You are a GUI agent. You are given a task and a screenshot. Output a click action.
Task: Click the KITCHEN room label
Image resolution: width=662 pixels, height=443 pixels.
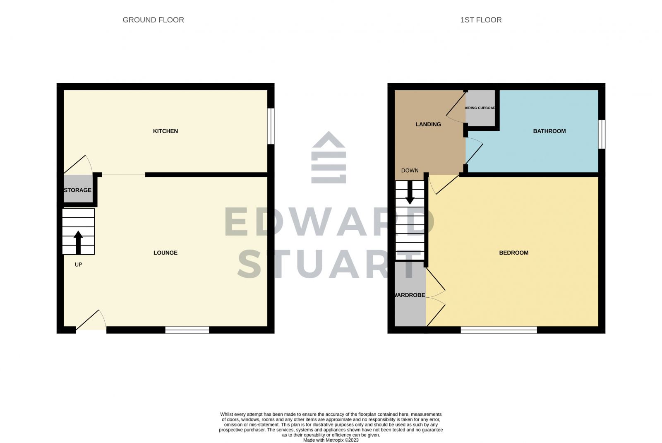(165, 131)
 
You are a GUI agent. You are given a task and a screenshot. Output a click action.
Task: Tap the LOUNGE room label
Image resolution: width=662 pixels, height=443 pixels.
(165, 253)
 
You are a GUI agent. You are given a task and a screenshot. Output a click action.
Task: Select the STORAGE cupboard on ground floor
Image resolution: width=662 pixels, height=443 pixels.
(78, 190)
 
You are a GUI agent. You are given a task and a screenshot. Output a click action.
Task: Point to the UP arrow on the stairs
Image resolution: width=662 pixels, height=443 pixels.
(78, 242)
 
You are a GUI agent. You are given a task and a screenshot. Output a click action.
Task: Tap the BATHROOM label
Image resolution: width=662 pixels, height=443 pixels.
(549, 131)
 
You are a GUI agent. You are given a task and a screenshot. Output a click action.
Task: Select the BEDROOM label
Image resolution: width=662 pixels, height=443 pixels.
(513, 253)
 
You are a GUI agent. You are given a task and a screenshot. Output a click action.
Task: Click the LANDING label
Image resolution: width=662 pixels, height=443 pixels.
(428, 124)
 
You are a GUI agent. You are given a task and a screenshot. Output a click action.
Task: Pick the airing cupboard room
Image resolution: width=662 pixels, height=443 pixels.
(480, 108)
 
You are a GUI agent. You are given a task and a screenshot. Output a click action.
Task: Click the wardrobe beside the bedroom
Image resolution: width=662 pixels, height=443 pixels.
(410, 295)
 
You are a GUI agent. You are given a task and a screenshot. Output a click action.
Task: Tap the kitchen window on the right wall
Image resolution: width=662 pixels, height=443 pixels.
(271, 126)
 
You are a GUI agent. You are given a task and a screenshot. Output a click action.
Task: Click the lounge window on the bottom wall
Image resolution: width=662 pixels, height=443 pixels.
(187, 330)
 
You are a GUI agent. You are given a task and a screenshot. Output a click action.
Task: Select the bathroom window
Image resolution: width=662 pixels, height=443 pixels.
(602, 134)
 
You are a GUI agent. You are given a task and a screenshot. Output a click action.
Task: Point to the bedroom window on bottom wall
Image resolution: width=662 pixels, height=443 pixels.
(499, 330)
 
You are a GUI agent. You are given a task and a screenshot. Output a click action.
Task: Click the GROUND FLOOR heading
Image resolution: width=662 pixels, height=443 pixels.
(153, 20)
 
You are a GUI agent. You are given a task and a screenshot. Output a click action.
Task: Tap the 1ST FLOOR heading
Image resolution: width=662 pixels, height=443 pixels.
(481, 20)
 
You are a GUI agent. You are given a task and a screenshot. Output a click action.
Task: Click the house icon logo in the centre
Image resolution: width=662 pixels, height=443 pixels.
(329, 157)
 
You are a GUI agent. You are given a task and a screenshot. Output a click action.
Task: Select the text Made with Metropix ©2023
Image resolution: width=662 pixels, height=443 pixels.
(331, 440)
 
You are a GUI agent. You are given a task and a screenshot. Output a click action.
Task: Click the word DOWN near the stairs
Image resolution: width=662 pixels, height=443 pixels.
(410, 171)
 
